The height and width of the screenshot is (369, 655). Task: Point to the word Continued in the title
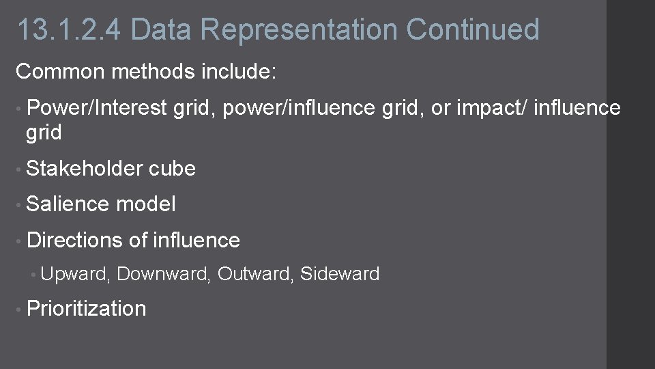(x=473, y=30)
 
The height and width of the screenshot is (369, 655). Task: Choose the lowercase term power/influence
(x=299, y=108)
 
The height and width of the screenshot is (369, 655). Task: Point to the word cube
(x=173, y=168)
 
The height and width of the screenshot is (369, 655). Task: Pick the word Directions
(x=75, y=240)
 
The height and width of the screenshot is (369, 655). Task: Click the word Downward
(x=164, y=274)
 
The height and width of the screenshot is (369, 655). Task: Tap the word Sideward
(x=340, y=274)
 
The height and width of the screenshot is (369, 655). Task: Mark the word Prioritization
(x=86, y=308)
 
